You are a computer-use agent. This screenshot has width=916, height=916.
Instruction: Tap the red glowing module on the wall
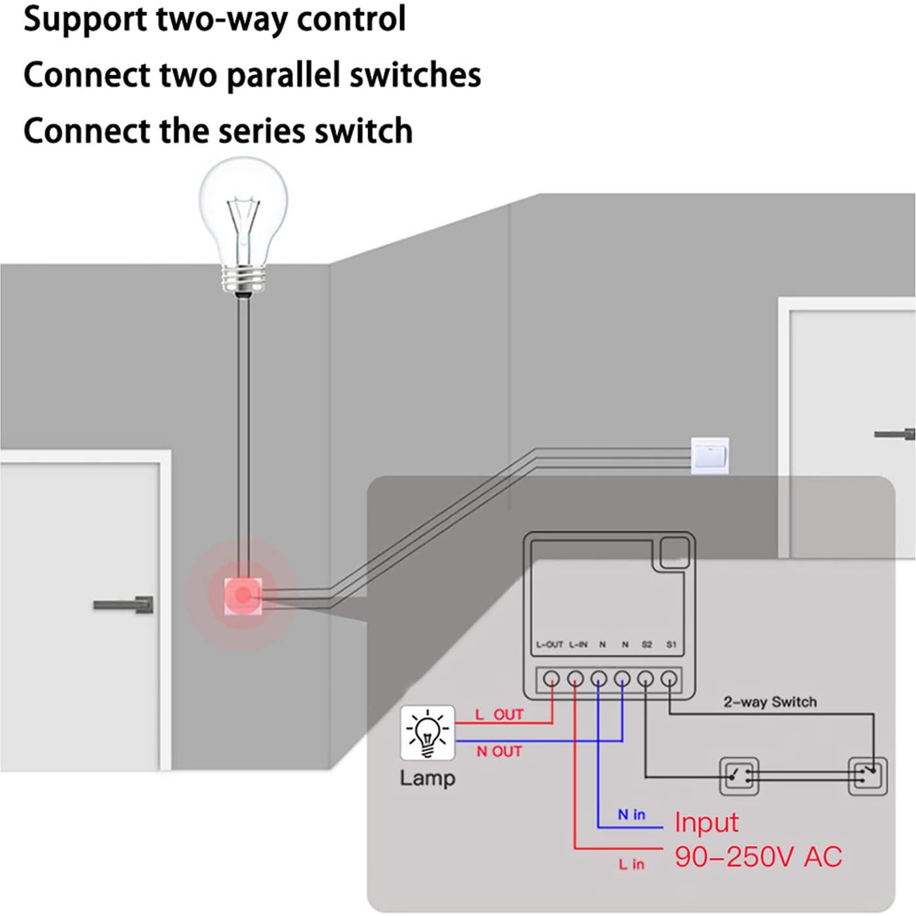pyautogui.click(x=243, y=595)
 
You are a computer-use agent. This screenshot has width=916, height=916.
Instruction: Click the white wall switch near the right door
pyautogui.click(x=709, y=455)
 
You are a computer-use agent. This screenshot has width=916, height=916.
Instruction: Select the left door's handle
pyautogui.click(x=124, y=605)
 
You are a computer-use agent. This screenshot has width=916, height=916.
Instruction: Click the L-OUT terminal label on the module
pyautogui.click(x=549, y=645)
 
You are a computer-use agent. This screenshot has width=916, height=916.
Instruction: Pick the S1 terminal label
pyautogui.click(x=671, y=645)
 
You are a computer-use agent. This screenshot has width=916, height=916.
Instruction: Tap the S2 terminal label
pyautogui.click(x=647, y=645)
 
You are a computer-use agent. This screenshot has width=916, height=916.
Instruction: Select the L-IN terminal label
pyautogui.click(x=578, y=645)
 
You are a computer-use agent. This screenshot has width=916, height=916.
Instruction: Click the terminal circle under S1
pyautogui.click(x=669, y=679)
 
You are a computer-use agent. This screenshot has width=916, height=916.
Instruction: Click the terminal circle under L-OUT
pyautogui.click(x=551, y=679)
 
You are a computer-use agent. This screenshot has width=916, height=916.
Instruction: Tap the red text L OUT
pyautogui.click(x=499, y=715)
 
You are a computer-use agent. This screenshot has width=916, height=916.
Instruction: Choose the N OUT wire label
pyautogui.click(x=499, y=752)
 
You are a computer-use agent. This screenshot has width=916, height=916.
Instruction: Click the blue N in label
pyautogui.click(x=632, y=815)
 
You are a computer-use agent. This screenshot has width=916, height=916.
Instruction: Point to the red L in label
pyautogui.click(x=632, y=864)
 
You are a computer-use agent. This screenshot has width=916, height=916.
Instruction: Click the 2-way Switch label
pyautogui.click(x=770, y=702)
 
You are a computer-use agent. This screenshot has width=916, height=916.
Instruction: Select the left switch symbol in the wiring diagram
pyautogui.click(x=739, y=776)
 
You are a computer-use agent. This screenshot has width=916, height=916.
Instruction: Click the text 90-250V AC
pyautogui.click(x=758, y=857)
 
